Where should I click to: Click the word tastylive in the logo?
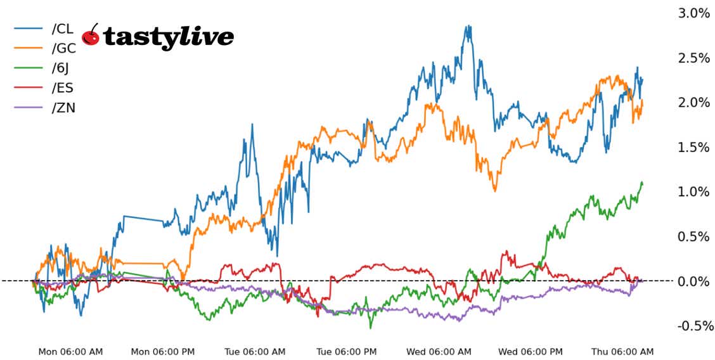coord(168,37)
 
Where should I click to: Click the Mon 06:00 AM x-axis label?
coord(70,351)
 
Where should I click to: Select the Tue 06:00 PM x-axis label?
coord(348,351)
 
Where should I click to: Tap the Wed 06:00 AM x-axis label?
coord(439,351)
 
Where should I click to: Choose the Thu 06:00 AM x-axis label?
coord(622,351)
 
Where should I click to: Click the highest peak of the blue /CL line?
coord(468,26)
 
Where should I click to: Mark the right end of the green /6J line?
coord(642,183)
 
